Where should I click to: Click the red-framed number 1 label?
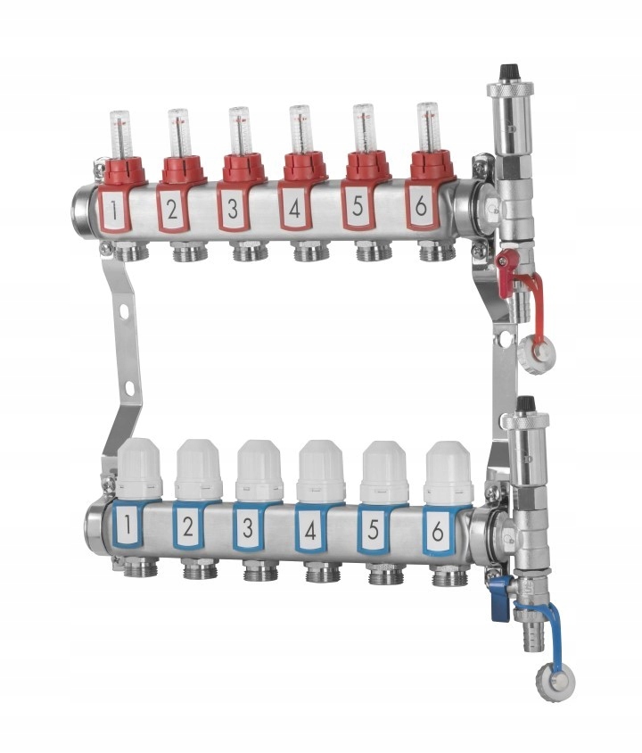(114, 209)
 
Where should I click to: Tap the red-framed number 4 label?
(295, 208)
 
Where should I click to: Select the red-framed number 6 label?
(421, 206)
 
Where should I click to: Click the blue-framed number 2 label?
(188, 526)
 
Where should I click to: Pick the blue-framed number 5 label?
(374, 529)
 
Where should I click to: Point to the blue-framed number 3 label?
(249, 527)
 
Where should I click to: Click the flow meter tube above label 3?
(239, 131)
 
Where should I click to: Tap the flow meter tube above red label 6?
(427, 128)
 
